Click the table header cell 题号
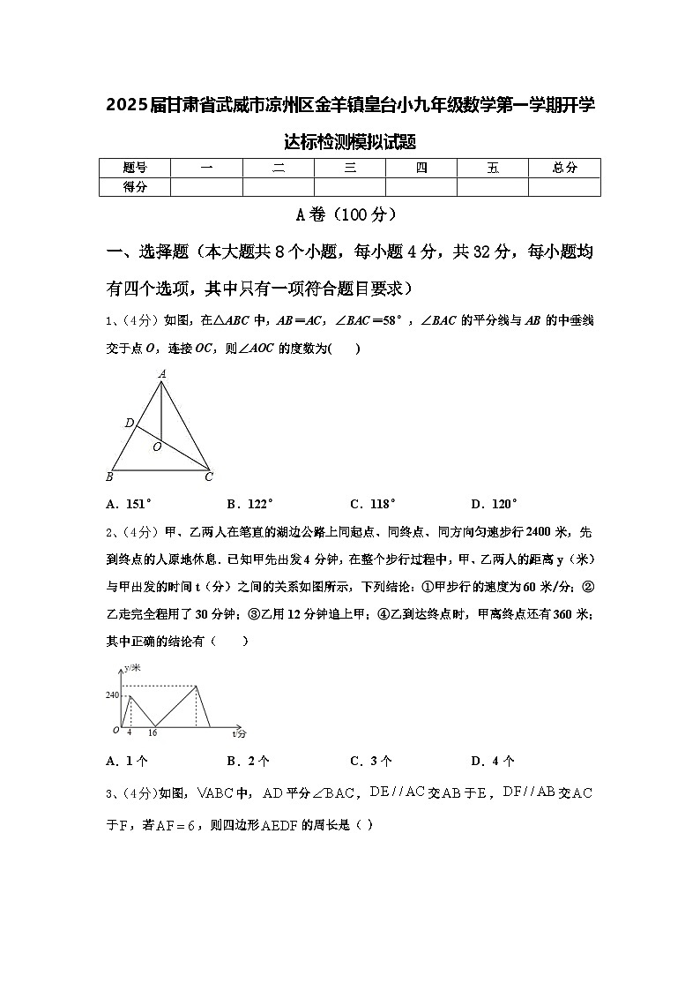click(x=134, y=168)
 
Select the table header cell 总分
click(x=564, y=168)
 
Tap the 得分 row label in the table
click(x=134, y=186)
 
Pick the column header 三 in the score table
click(x=350, y=168)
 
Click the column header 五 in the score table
click(x=493, y=168)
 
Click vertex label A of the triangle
click(x=162, y=374)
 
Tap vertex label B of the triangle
click(x=109, y=477)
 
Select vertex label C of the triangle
click(x=209, y=477)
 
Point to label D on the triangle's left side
click(x=129, y=424)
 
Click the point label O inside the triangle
click(x=157, y=447)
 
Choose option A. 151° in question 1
click(x=129, y=504)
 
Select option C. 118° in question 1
click(x=373, y=504)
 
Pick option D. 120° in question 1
click(x=494, y=504)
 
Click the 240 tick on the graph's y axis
click(x=112, y=695)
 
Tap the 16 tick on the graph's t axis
click(x=153, y=732)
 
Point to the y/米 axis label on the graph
click(x=132, y=670)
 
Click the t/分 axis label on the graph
click(x=240, y=733)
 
